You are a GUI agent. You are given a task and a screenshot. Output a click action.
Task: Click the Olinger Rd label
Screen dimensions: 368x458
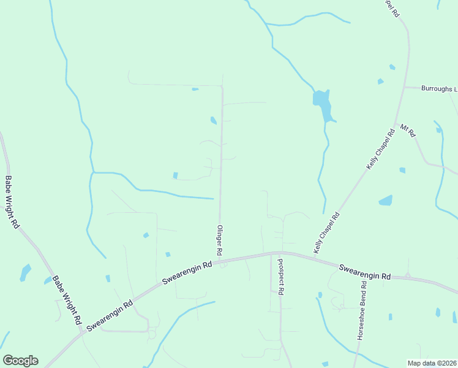coord(219,240)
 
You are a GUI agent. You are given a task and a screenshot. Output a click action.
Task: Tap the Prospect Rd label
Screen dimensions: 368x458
coord(280,277)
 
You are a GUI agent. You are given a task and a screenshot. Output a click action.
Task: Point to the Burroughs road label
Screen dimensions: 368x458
coord(438,89)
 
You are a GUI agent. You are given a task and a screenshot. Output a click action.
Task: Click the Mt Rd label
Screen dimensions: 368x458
coord(408,131)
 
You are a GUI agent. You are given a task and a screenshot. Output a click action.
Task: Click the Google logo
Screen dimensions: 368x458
coord(20,361)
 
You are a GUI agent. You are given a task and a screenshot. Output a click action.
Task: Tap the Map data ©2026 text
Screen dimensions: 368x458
coord(432,363)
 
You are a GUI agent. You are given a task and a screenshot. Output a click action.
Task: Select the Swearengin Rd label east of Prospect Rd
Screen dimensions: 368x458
coord(365,272)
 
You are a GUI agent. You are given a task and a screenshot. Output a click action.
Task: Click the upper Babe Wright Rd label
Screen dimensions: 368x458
coord(12,202)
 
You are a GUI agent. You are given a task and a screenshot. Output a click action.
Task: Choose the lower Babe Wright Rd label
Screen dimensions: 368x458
coord(67,299)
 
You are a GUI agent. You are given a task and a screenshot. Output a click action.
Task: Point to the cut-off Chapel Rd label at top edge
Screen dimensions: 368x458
coord(392,8)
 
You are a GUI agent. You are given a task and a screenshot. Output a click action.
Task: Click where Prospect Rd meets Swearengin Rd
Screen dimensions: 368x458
coord(279,252)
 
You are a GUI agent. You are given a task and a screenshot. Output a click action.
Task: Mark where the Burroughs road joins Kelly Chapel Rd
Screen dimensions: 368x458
coord(404,88)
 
